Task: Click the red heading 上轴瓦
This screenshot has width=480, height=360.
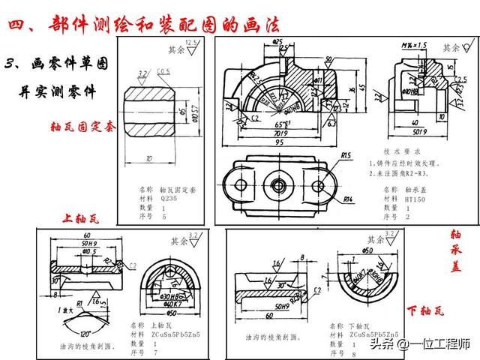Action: coord(78,218)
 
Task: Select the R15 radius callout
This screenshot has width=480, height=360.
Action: coord(346,156)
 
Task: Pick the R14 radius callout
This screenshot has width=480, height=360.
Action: coord(347,199)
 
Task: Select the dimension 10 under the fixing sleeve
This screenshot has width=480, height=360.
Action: coord(151,159)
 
